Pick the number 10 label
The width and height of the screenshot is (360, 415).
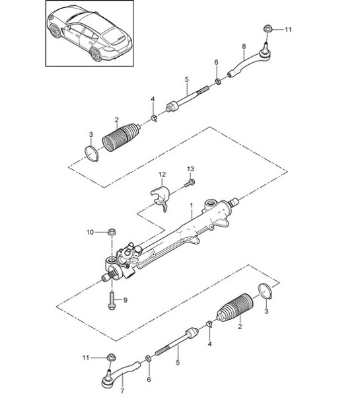tap(90, 232)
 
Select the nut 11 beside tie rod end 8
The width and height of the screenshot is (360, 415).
tap(268, 28)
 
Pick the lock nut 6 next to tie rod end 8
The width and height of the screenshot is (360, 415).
tap(217, 82)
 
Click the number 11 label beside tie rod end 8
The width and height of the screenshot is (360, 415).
tap(287, 30)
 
